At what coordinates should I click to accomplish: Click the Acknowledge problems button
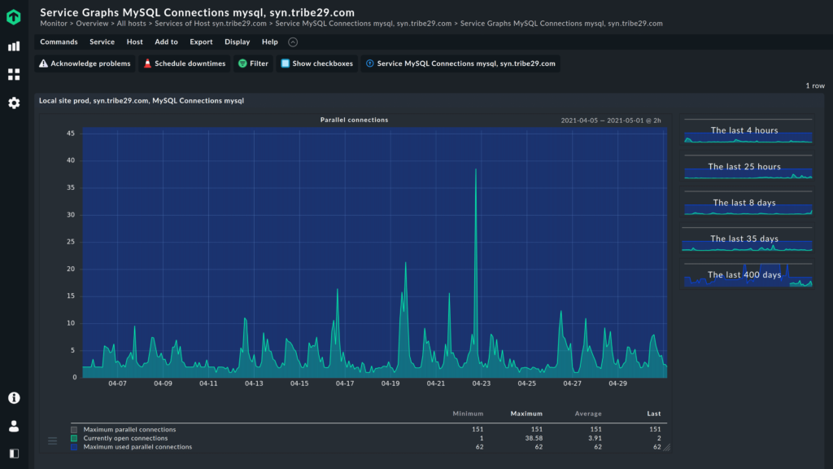pyautogui.click(x=85, y=64)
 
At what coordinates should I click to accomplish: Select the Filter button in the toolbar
pyautogui.click(x=252, y=64)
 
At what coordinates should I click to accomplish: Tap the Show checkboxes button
pyautogui.click(x=316, y=64)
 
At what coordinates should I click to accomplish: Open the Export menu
pyautogui.click(x=201, y=42)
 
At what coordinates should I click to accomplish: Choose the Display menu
pyautogui.click(x=238, y=42)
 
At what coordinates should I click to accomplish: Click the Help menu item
pyautogui.click(x=270, y=42)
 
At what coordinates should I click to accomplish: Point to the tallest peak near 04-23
pyautogui.click(x=476, y=170)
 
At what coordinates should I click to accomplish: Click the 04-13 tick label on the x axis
pyautogui.click(x=254, y=384)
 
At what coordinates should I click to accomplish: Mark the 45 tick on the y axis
pyautogui.click(x=71, y=134)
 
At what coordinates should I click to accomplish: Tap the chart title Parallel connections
pyautogui.click(x=354, y=120)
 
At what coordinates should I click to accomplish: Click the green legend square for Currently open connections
pyautogui.click(x=74, y=438)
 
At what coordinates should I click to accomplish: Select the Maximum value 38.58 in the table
pyautogui.click(x=530, y=438)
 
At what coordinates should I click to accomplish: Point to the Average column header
pyautogui.click(x=588, y=414)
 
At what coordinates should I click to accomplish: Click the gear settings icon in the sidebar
pyautogui.click(x=14, y=103)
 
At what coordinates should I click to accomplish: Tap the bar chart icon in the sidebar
pyautogui.click(x=14, y=46)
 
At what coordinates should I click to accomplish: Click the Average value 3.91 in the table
pyautogui.click(x=594, y=438)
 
